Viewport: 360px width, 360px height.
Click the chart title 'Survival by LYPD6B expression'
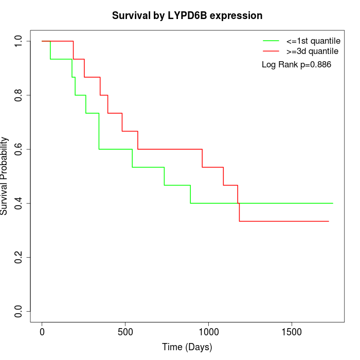click(187, 16)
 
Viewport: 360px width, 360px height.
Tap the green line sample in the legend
click(271, 41)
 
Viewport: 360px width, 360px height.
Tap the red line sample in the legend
click(271, 51)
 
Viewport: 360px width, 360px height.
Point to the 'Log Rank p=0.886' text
click(296, 65)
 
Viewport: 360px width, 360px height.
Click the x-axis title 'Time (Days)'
click(187, 347)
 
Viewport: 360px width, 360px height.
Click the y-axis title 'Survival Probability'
click(5, 176)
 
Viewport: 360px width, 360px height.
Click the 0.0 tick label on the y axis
click(19, 311)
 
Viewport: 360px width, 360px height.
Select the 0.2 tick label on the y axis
click(19, 257)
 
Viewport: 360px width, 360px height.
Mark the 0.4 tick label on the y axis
click(19, 203)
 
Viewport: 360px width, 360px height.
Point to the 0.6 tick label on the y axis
click(19, 149)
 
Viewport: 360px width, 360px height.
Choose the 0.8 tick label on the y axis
click(19, 95)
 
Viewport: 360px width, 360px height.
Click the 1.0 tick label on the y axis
click(19, 41)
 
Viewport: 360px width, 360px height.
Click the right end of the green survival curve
click(333, 203)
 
